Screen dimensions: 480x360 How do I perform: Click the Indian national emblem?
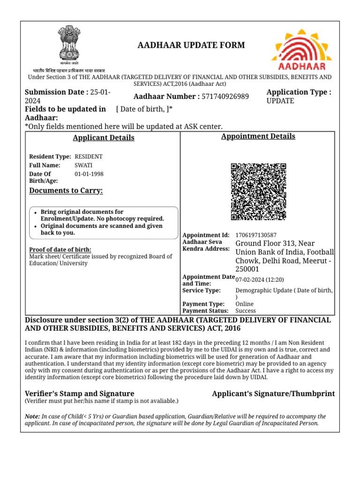[69, 45]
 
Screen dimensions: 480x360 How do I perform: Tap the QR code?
[258, 192]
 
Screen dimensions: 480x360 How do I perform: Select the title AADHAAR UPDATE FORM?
[191, 45]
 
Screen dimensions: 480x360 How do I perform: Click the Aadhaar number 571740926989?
[225, 97]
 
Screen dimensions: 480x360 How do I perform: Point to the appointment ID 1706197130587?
[256, 235]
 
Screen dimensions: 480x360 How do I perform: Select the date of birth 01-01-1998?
[89, 174]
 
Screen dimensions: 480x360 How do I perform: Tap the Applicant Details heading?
[104, 138]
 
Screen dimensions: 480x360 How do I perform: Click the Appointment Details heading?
[258, 136]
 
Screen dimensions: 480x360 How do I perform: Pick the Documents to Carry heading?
[66, 190]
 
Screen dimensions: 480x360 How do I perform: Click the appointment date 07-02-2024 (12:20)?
[260, 280]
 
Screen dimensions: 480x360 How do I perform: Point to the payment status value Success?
[246, 311]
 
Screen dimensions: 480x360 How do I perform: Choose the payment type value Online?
[244, 304]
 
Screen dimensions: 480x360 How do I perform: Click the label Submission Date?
[56, 92]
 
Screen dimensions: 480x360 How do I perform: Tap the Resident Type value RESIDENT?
[89, 157]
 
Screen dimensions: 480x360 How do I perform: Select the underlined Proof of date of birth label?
[60, 249]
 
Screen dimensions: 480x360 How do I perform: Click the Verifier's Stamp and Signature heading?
[79, 394]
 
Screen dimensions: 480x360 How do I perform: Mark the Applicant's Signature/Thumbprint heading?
[273, 394]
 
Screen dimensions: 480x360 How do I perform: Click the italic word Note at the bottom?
[32, 416]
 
